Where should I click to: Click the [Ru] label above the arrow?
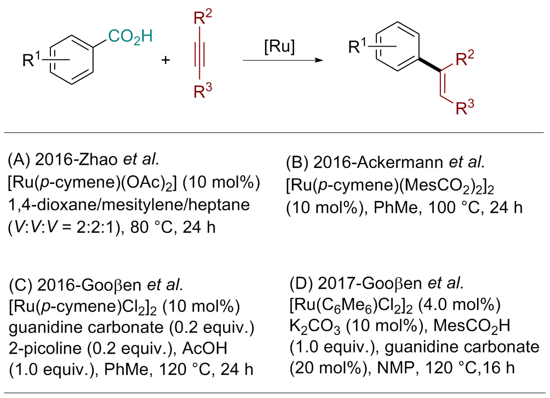click(279, 48)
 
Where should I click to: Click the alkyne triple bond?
click(198, 55)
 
